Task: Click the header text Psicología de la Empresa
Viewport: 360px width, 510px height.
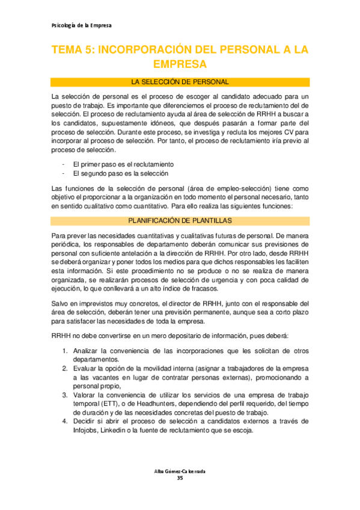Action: coord(79,25)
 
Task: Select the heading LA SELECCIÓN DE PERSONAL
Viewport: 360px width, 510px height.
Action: coord(180,81)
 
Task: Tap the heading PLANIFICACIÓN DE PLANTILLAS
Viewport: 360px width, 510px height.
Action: coord(180,220)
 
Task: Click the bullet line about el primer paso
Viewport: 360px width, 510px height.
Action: coord(123,164)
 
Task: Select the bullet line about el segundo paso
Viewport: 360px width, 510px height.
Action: coord(120,173)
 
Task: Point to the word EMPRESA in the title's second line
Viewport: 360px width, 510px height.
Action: coord(180,64)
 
